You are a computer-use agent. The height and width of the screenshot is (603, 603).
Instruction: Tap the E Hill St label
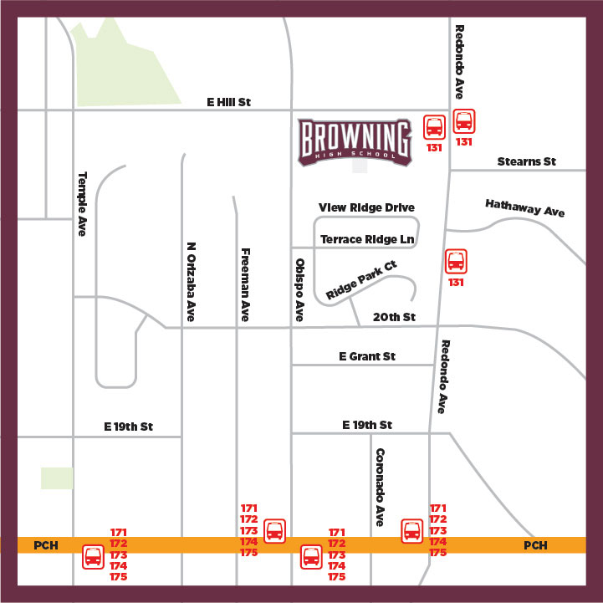(229, 102)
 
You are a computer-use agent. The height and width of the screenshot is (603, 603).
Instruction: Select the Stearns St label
(526, 161)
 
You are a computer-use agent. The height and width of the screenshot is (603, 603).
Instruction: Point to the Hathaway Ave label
(525, 207)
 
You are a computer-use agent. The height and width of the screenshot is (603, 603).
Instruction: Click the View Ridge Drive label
(366, 207)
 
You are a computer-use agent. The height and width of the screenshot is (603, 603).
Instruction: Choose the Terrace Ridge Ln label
(368, 240)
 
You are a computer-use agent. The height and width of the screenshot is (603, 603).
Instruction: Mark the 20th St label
(394, 317)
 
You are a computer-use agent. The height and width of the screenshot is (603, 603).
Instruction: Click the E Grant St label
(367, 356)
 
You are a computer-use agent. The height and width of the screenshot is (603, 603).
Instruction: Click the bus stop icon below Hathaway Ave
(456, 261)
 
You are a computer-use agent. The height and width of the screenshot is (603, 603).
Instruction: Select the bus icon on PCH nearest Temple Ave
(94, 556)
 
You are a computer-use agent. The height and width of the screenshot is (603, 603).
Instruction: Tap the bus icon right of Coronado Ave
(412, 530)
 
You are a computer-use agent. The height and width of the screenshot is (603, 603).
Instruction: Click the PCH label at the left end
(44, 546)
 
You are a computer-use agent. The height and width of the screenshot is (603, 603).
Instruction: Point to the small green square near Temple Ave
(57, 478)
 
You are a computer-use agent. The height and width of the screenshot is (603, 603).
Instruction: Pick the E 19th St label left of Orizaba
(129, 427)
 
